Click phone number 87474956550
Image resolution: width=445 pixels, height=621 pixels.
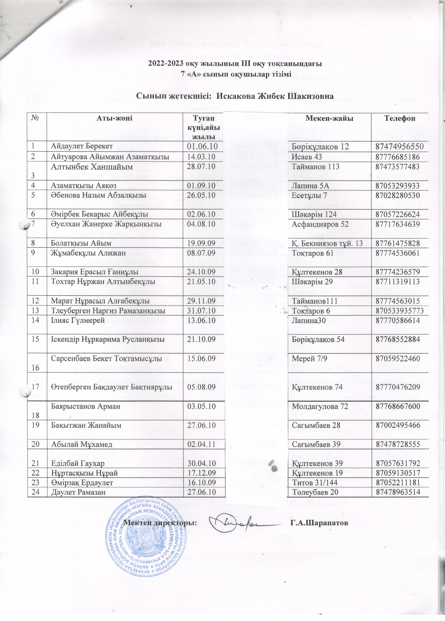(x=400, y=146)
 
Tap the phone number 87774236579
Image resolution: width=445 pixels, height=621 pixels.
(x=400, y=272)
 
